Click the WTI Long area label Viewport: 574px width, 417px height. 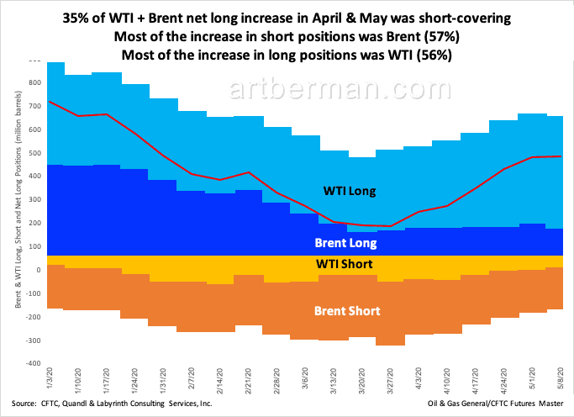(x=351, y=192)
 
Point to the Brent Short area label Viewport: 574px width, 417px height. (x=347, y=311)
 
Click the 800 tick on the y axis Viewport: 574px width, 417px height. (x=34, y=82)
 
